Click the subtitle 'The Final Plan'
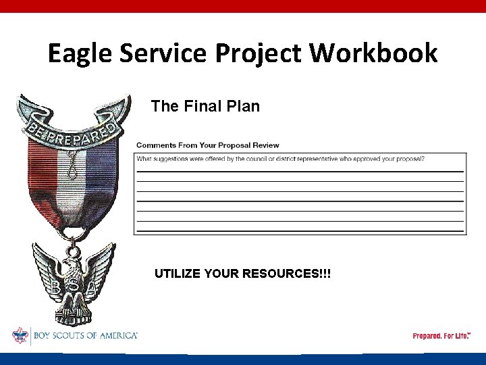point(205,106)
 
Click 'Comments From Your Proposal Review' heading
point(207,145)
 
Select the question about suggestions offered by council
point(280,159)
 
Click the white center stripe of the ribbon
point(71,179)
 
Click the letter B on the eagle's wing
point(55,288)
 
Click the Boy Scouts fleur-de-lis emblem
point(20,335)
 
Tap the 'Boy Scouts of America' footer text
point(84,335)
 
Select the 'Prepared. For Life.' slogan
point(441,336)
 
